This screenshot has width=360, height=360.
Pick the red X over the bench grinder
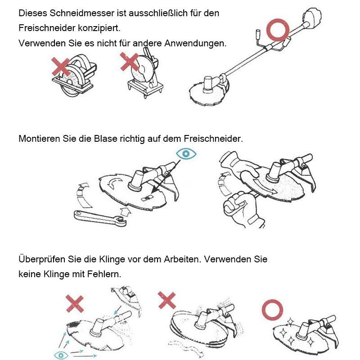[130, 62]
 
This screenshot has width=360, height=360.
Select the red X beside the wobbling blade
[167, 299]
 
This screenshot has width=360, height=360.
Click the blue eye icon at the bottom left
[59, 355]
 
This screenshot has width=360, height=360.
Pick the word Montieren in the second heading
[39, 139]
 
